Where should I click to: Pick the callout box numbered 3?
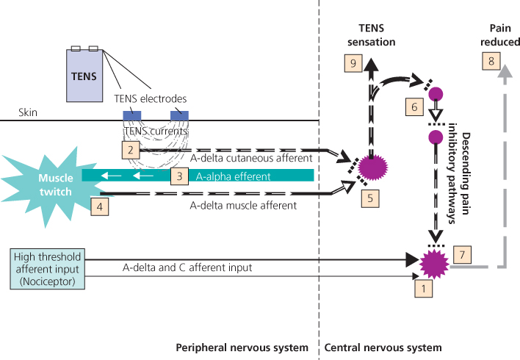click(x=178, y=176)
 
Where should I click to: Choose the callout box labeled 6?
click(x=414, y=108)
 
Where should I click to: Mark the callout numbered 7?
click(x=463, y=253)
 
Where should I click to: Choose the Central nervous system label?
click(x=382, y=347)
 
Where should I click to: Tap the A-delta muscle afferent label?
click(x=243, y=206)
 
